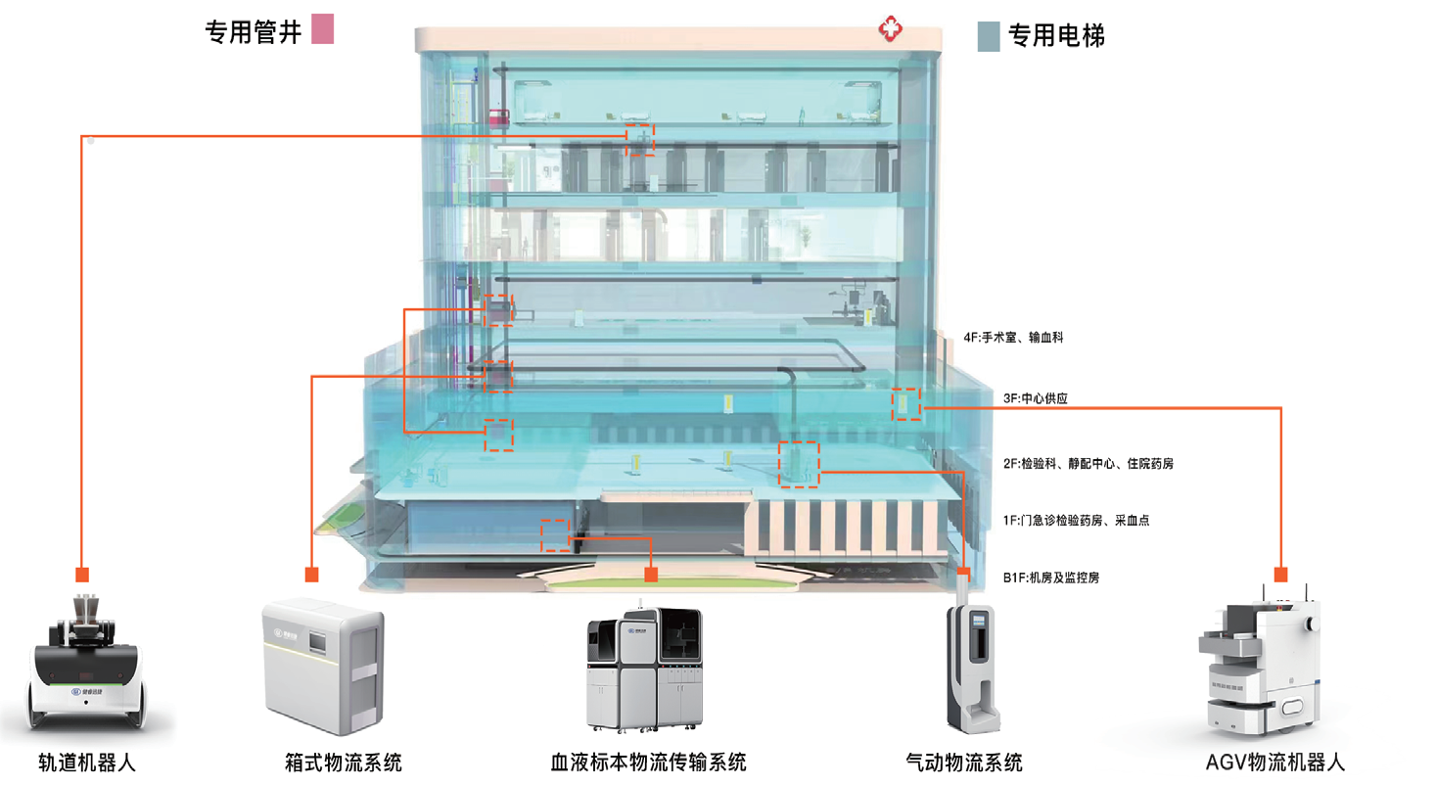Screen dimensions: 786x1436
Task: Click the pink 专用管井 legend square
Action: (x=322, y=29)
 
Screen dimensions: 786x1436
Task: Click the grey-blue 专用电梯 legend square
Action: (x=989, y=37)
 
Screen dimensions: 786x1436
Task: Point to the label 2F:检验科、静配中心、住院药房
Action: (x=1088, y=463)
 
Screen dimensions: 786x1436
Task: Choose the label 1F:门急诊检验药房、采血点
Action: (x=1076, y=521)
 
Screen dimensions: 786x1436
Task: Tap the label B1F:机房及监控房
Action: (x=1050, y=578)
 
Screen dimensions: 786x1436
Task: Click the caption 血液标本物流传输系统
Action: (x=649, y=762)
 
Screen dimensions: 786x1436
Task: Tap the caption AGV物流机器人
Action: (x=1275, y=762)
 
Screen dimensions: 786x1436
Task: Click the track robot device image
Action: (x=87, y=666)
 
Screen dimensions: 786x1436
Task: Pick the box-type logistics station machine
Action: (x=323, y=669)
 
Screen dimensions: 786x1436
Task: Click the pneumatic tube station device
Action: (x=971, y=666)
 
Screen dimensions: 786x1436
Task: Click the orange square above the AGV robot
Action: (x=1278, y=574)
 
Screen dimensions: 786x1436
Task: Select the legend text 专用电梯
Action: (x=1056, y=37)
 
